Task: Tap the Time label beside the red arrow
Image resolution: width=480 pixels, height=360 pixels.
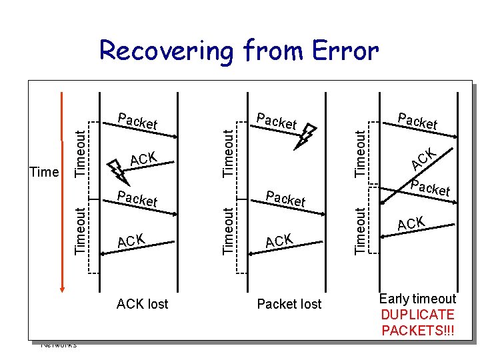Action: click(x=45, y=172)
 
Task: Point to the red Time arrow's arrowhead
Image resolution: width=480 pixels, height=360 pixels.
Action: click(x=62, y=287)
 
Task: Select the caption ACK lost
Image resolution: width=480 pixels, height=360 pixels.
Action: click(x=142, y=304)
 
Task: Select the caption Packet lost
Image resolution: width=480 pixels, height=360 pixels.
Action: click(x=289, y=304)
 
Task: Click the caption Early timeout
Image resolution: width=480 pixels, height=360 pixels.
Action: click(x=417, y=299)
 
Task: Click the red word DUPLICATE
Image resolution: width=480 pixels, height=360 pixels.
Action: click(x=417, y=315)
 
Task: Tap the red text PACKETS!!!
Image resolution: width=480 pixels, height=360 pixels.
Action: click(x=417, y=330)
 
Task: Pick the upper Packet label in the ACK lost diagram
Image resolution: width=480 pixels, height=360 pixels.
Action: click(x=137, y=121)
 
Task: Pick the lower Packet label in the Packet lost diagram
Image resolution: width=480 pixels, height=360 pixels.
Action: click(x=285, y=198)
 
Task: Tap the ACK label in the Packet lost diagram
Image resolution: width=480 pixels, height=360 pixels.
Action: click(x=279, y=240)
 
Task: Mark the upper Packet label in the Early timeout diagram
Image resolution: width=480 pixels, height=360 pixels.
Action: click(x=417, y=121)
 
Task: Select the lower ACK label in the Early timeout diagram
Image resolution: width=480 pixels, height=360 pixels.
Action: click(x=412, y=223)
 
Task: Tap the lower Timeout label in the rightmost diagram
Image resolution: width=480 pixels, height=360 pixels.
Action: click(x=361, y=231)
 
